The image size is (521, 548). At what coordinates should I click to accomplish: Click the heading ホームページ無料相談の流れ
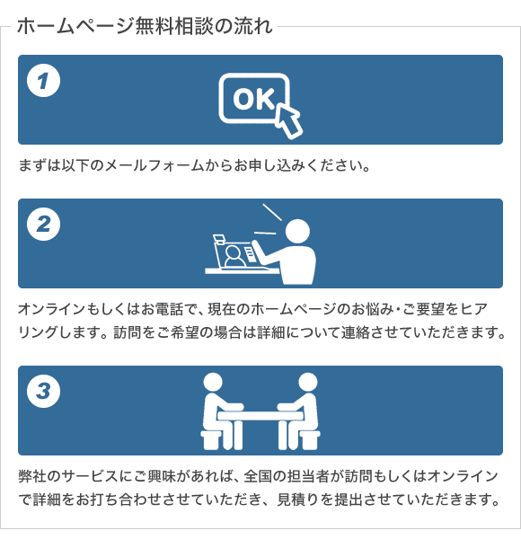144,25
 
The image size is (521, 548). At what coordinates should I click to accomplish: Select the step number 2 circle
43,224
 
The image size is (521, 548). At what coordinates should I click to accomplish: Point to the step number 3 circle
43,391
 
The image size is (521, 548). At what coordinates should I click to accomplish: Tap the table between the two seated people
260,414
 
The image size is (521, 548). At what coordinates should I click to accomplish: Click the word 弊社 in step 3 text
32,475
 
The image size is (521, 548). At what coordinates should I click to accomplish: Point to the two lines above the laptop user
269,221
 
